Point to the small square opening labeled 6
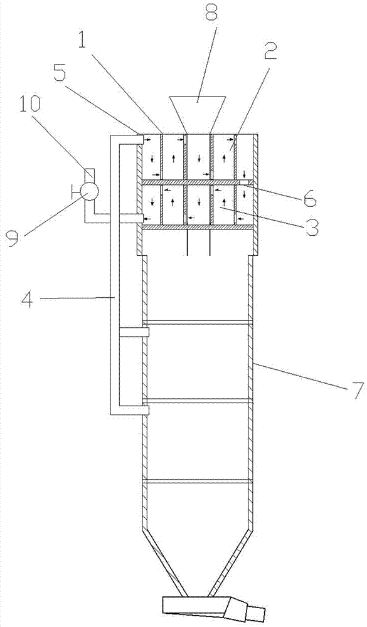pos(243,182)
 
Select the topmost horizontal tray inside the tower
pos(198,322)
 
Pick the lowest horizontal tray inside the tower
pos(198,481)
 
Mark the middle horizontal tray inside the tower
pos(198,401)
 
